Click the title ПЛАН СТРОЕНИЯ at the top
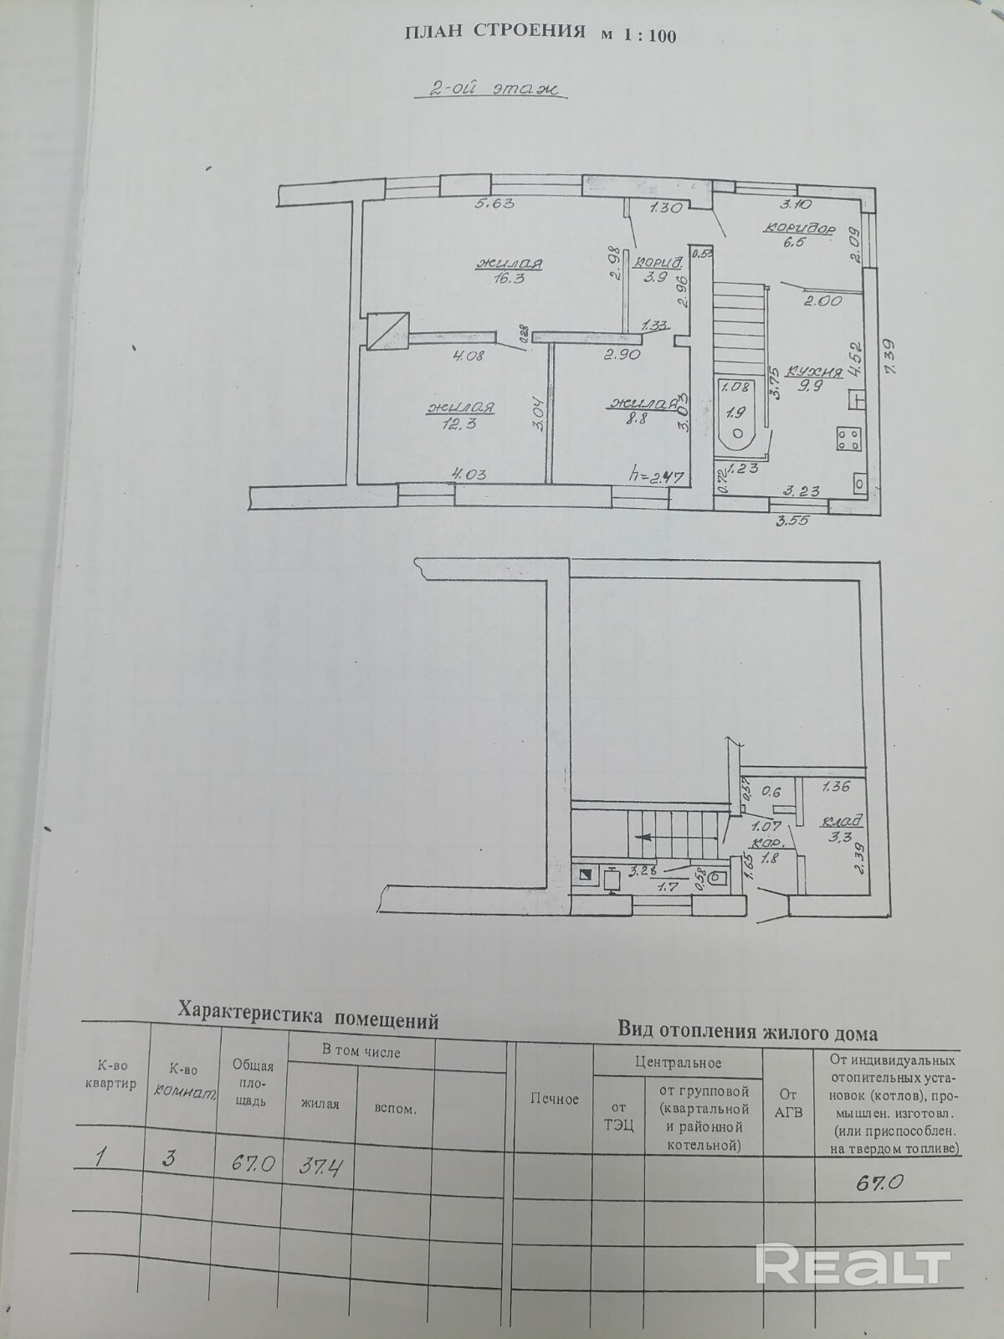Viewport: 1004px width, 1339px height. [494, 33]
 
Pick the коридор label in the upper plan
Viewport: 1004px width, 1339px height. [798, 228]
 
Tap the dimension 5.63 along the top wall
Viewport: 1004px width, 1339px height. [494, 203]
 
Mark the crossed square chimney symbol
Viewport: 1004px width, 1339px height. [388, 331]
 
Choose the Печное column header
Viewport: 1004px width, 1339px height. [554, 1099]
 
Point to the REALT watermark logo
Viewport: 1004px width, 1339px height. [853, 1264]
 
